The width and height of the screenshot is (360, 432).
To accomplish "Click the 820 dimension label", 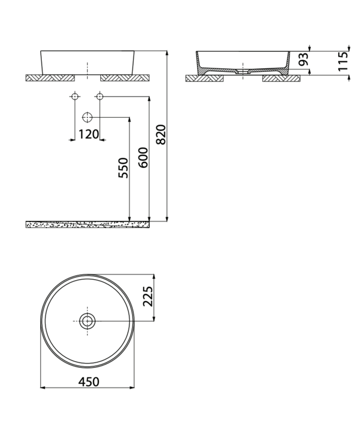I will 161,135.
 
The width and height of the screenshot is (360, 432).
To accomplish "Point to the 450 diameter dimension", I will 89,382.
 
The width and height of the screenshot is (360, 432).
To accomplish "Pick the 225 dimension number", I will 147,297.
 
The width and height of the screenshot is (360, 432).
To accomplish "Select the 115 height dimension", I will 343,61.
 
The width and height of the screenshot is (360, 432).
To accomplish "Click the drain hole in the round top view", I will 88,321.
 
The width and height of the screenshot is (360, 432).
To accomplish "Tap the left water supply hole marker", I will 74,97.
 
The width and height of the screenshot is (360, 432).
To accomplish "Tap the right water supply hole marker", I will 99,97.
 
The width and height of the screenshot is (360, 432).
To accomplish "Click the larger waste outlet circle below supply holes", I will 87,117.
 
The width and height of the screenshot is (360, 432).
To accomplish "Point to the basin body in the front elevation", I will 88,61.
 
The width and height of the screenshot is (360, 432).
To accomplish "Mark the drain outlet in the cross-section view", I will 243,72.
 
